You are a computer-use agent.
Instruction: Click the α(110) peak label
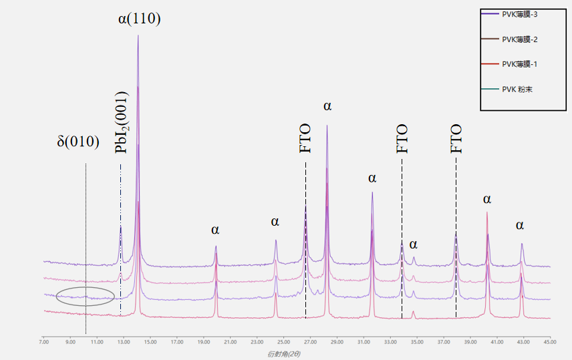point(139,19)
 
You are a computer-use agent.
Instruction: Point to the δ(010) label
point(78,142)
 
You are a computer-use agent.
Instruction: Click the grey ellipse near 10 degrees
point(86,296)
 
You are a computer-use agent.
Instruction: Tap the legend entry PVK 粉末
point(517,88)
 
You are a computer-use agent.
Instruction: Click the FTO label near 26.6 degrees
point(305,138)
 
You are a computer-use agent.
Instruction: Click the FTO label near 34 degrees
point(402,138)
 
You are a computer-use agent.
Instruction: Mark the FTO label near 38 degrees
point(456,138)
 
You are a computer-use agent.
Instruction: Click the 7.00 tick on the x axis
point(43,342)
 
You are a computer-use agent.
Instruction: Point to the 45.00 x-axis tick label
point(549,342)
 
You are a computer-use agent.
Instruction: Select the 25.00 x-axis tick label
point(283,342)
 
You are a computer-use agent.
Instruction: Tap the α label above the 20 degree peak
point(215,230)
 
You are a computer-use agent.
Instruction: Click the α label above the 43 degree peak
point(520,226)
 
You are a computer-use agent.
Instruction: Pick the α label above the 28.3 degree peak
point(327,106)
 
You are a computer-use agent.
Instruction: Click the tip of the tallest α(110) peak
point(138,35)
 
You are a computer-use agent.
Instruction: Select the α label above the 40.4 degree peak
point(487,199)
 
